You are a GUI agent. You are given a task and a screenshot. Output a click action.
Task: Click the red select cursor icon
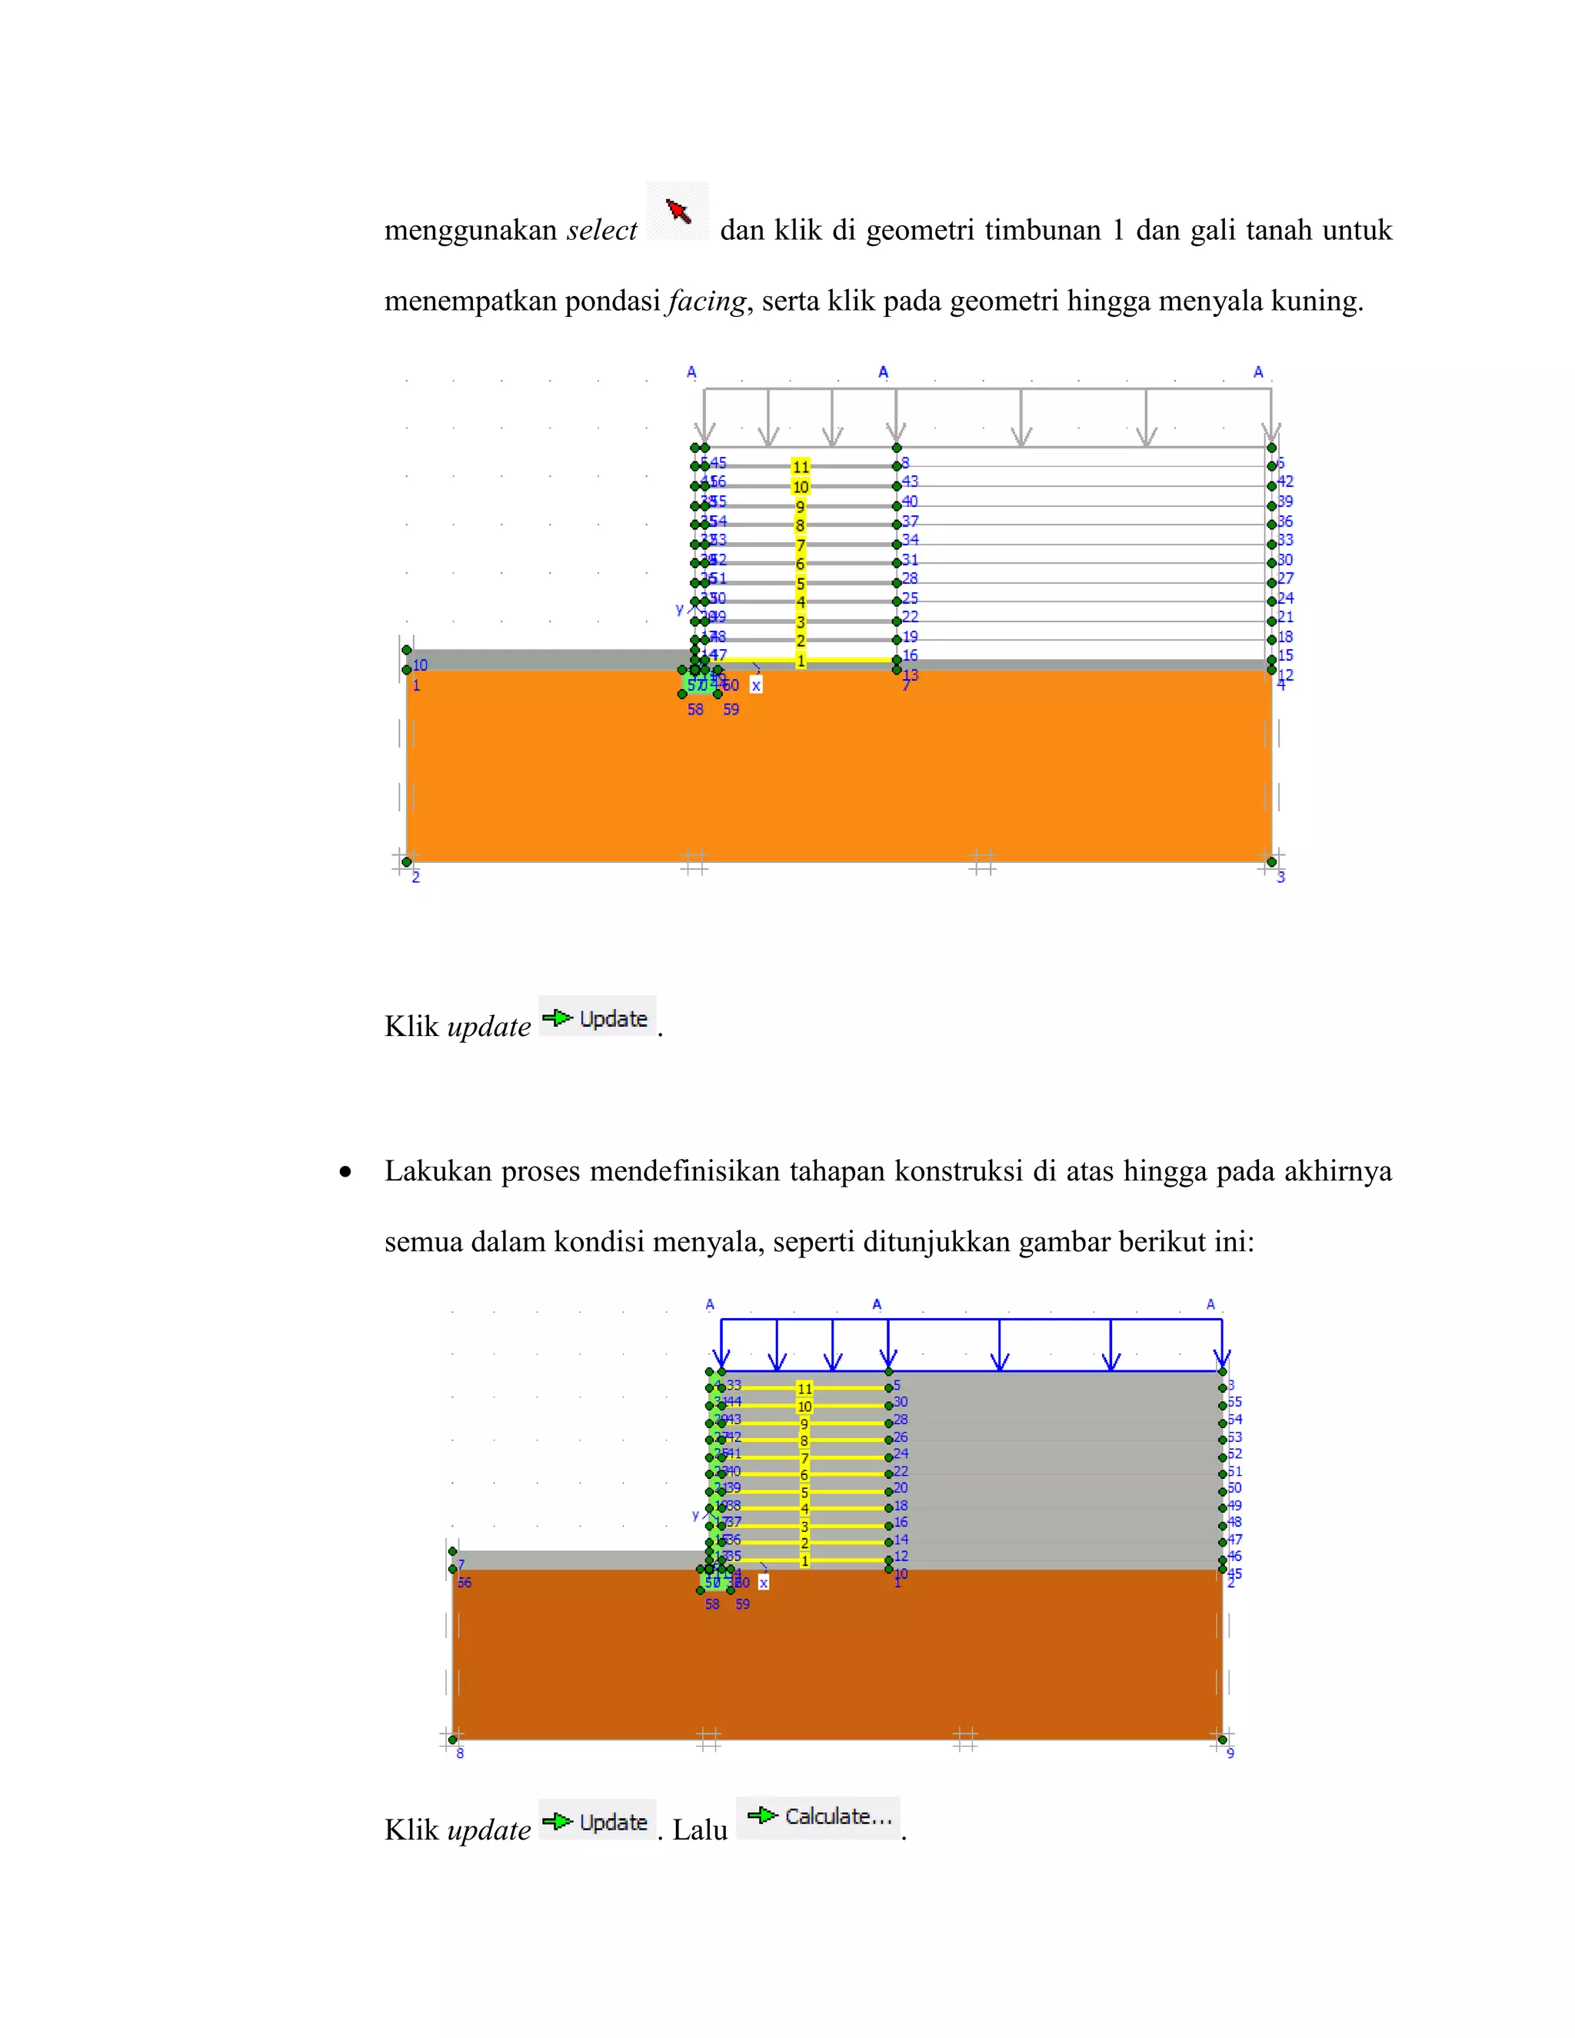point(678,211)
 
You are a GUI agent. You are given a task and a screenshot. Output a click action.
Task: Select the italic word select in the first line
point(602,231)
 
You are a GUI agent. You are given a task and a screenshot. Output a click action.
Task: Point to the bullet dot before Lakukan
point(346,1172)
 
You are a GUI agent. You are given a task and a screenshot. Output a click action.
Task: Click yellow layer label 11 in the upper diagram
point(801,467)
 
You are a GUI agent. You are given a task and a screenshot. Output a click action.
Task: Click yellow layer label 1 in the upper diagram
point(801,661)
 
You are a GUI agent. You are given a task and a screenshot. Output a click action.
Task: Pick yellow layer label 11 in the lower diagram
point(804,1388)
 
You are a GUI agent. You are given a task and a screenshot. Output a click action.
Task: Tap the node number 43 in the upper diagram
point(910,481)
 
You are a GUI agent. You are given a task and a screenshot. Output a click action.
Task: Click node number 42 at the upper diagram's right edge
point(1285,481)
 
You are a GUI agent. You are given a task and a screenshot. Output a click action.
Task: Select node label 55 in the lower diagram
point(1234,1401)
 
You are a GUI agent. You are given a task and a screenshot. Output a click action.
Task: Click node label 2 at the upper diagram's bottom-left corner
point(416,877)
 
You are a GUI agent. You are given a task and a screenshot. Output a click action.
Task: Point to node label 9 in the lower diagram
point(1230,1753)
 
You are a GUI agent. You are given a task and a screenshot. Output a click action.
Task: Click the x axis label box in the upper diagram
point(756,686)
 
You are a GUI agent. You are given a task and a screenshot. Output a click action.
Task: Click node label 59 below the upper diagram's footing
point(731,709)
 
